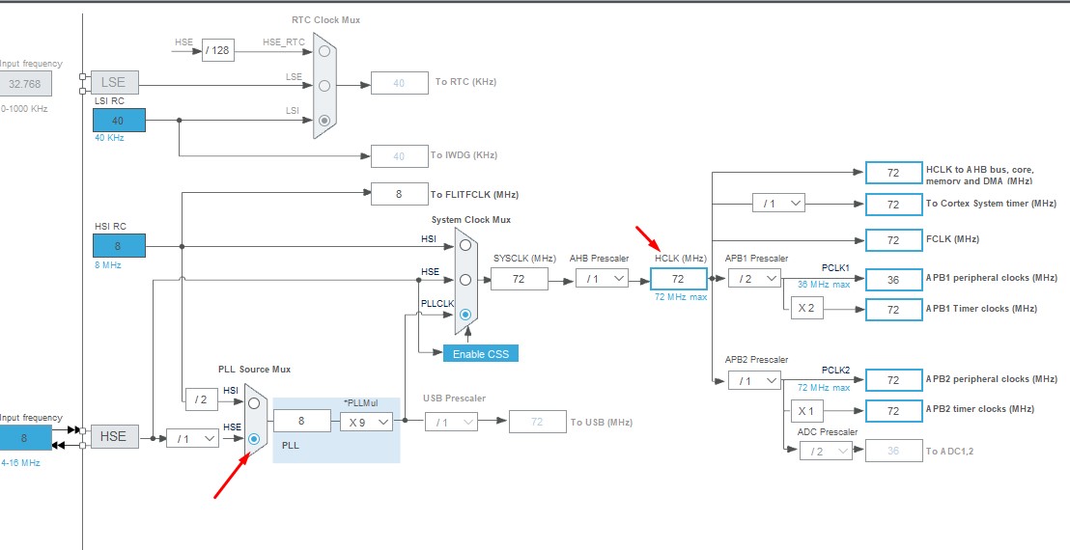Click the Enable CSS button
(x=480, y=353)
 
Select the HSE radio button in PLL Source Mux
(x=254, y=439)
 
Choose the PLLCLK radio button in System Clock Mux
(x=465, y=314)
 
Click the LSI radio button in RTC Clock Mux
(x=325, y=121)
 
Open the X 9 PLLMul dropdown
(x=365, y=422)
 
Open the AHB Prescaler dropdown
(x=602, y=279)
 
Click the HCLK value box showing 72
(x=678, y=279)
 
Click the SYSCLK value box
(x=519, y=279)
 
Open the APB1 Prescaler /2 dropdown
(x=753, y=279)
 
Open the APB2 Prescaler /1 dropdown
(x=753, y=380)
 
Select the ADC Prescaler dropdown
(x=826, y=451)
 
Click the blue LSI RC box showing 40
(x=119, y=121)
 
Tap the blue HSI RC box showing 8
(x=119, y=246)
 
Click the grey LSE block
(x=113, y=82)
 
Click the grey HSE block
(x=113, y=437)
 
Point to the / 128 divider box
(x=217, y=50)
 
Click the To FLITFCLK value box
(x=399, y=194)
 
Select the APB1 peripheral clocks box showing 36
(x=893, y=279)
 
